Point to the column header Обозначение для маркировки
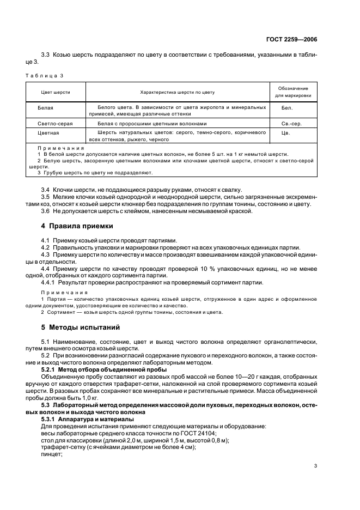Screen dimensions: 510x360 coord(293,92)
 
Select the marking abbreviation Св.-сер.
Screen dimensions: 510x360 coord(292,124)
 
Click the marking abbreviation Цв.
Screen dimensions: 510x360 coord(285,132)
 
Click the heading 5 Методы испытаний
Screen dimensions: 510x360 coord(81,327)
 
